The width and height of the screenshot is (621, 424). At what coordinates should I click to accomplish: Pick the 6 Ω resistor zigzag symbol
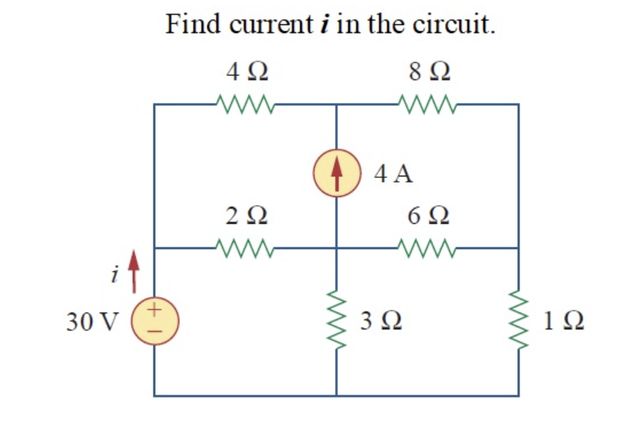(x=428, y=248)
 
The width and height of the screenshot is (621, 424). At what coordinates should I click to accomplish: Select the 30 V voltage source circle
(x=155, y=320)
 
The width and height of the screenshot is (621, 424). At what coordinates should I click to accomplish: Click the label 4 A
(x=394, y=174)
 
